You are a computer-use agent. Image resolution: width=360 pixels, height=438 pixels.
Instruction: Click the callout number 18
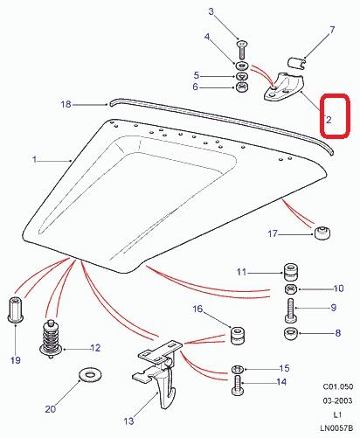tap(66, 104)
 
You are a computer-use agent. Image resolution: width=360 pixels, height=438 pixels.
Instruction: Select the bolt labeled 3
tap(242, 50)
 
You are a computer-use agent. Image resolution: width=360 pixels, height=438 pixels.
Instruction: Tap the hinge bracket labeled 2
tap(283, 87)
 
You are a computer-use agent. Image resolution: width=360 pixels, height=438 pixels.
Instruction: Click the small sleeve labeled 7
tap(296, 63)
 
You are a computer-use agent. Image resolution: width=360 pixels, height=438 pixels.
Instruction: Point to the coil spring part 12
tap(51, 338)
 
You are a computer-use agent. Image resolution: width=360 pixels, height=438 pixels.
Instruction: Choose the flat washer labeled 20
tap(90, 373)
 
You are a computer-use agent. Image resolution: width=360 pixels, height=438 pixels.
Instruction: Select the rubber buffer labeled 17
tap(322, 233)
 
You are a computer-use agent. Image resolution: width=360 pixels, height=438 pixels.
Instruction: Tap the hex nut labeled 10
tap(291, 289)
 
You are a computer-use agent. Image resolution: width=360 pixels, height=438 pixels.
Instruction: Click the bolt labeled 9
tap(290, 310)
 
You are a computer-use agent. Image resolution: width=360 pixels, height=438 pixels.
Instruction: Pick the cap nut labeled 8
tap(290, 333)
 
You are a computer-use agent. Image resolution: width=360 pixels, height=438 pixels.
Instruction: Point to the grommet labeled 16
tap(238, 336)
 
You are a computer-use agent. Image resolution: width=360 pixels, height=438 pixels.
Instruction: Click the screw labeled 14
tap(237, 386)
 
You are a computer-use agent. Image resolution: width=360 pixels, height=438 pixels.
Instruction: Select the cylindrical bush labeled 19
tap(16, 309)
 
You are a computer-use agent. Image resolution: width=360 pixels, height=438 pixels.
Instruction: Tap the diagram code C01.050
tap(337, 386)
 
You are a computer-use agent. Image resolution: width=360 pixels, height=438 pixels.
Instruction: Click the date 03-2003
tap(337, 400)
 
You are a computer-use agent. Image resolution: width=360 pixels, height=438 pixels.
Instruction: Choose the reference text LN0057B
tap(336, 428)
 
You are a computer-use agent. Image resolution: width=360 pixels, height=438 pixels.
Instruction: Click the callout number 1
tap(35, 159)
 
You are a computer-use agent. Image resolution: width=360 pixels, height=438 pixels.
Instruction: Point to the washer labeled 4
tap(242, 66)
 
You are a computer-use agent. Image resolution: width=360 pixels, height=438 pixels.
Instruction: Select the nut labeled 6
tap(242, 87)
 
